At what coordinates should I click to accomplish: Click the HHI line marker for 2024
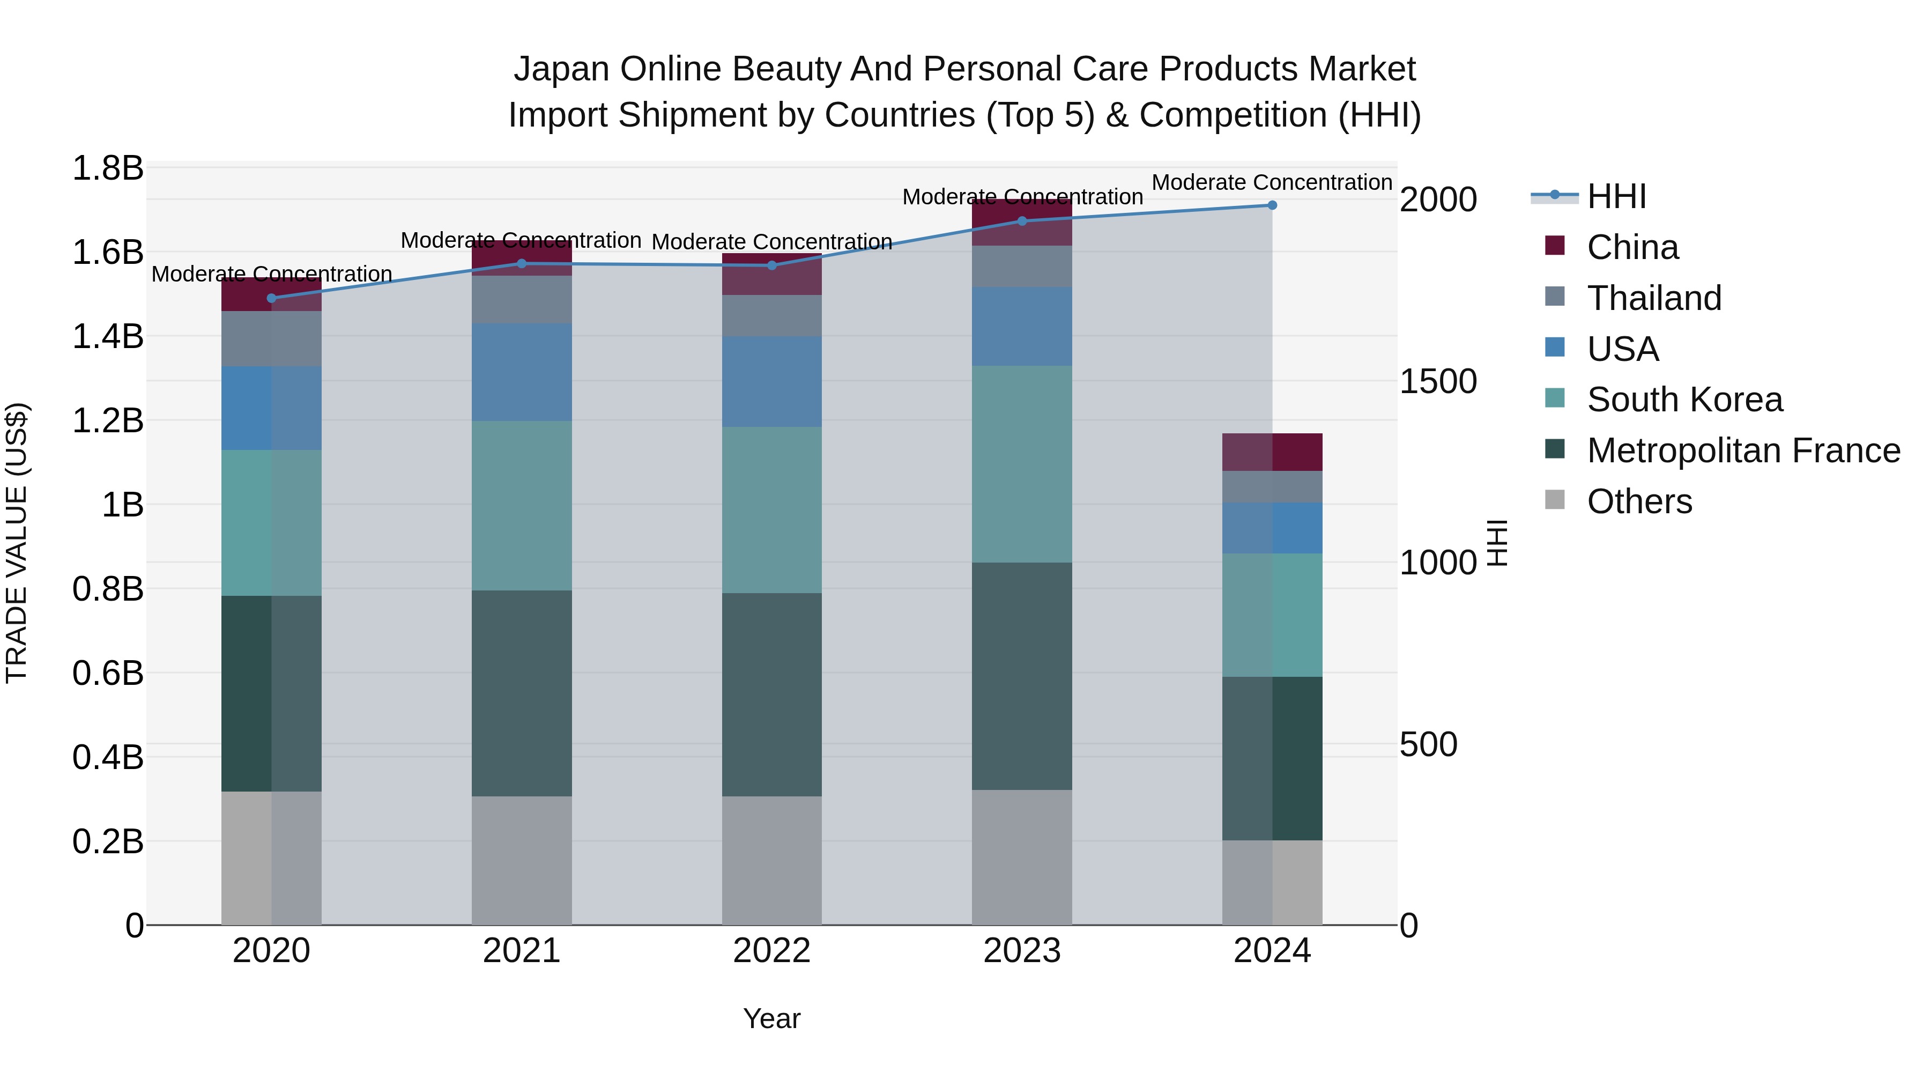pos(1272,205)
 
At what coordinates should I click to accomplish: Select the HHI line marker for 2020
pos(271,298)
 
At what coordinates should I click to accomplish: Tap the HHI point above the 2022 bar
pos(771,265)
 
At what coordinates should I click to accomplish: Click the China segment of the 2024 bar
pos(1272,452)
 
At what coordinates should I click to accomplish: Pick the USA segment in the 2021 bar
pos(522,373)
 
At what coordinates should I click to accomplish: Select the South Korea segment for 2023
pos(1022,464)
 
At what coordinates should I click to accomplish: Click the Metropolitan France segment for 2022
pos(771,695)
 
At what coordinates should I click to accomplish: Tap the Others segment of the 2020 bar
pos(271,858)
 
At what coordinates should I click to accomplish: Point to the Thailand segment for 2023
pos(1022,266)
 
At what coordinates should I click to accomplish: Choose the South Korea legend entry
pos(1684,400)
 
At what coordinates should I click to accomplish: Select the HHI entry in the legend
pos(1616,196)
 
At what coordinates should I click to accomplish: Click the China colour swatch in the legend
pos(1555,246)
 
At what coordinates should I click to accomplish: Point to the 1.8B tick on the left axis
pos(107,168)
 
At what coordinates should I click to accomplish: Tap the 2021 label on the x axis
pos(522,951)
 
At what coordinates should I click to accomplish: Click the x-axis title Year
pos(771,1018)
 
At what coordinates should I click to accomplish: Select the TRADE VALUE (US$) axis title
pos(17,543)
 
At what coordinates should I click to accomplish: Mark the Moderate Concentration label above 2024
pos(1272,182)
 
